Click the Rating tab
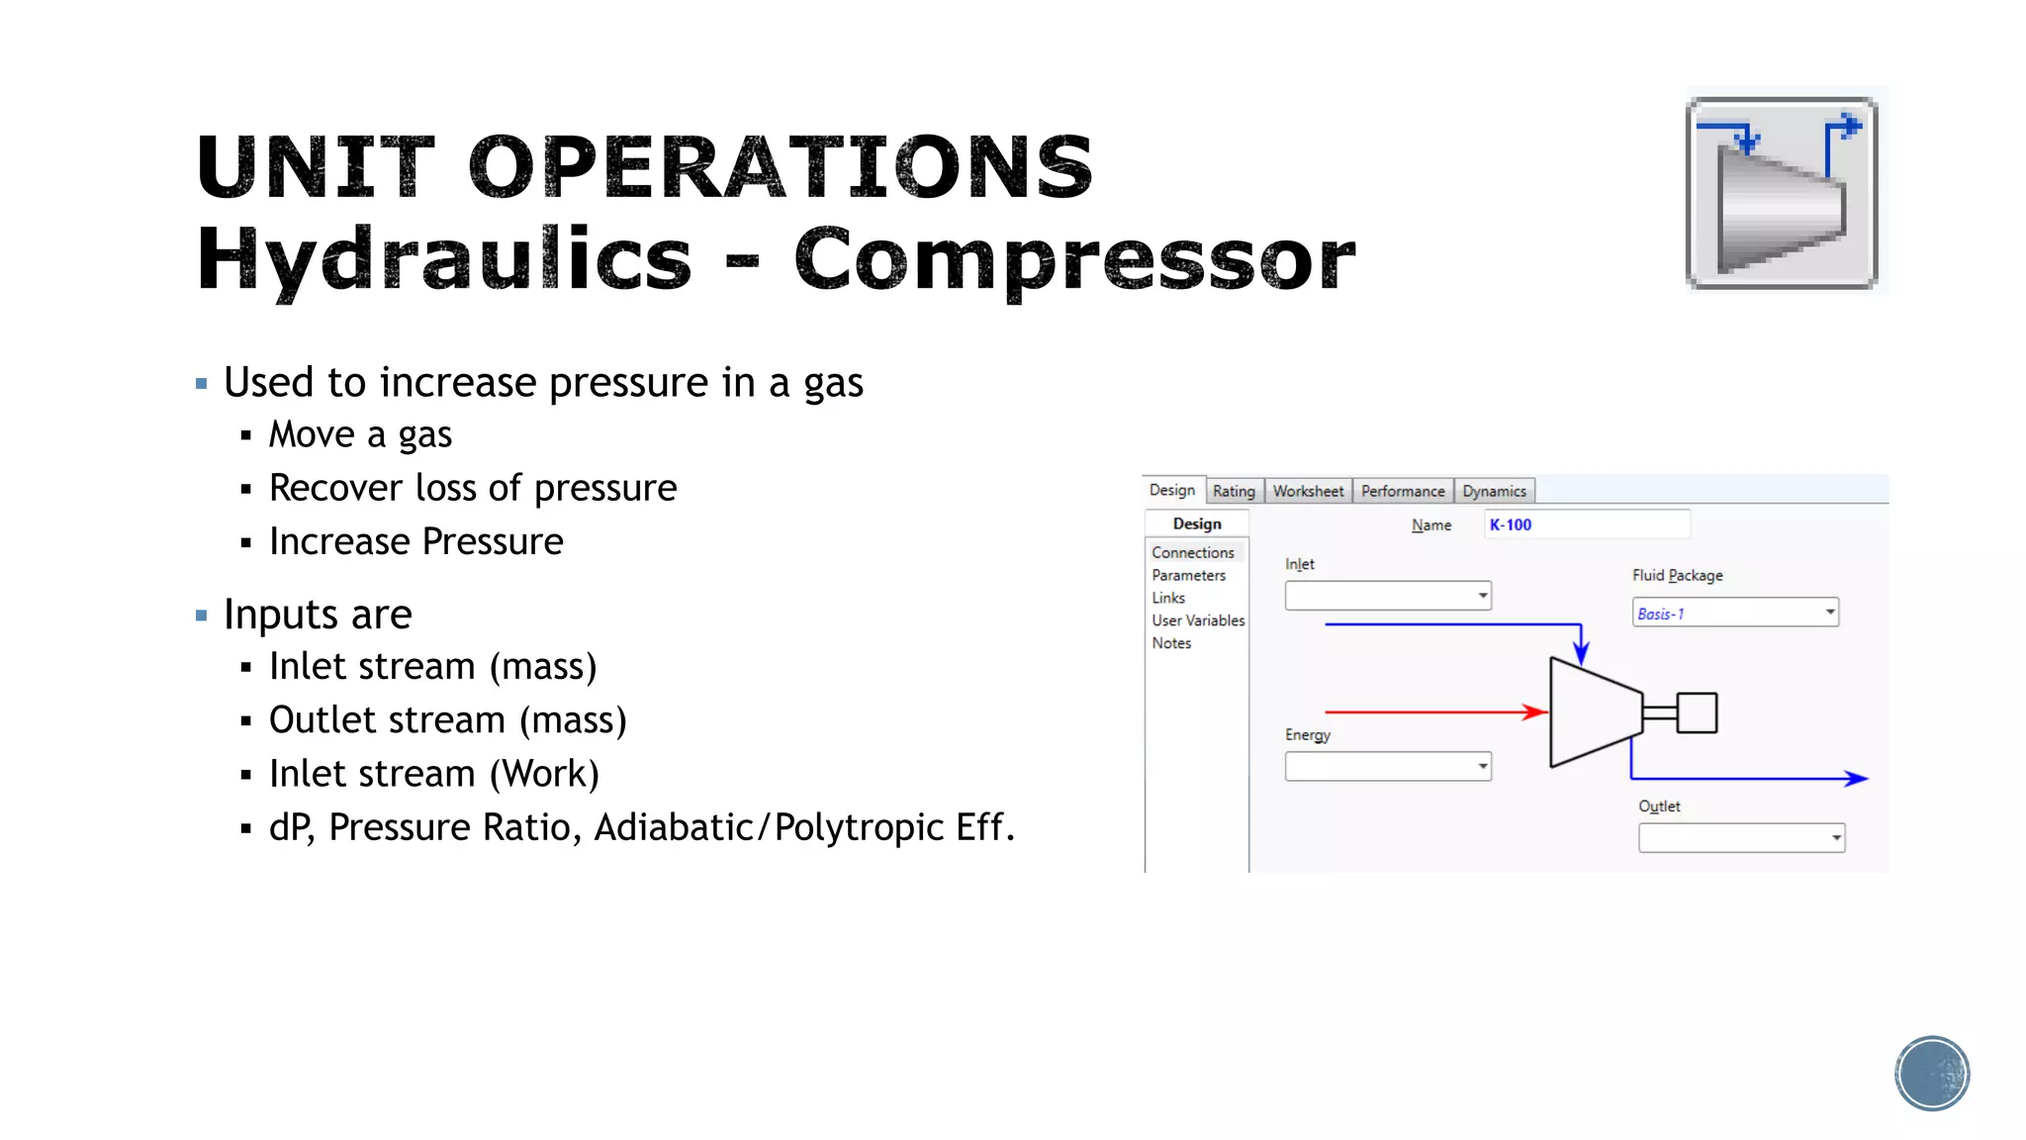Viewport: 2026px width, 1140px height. click(x=1234, y=491)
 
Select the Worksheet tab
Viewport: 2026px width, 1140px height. click(x=1308, y=491)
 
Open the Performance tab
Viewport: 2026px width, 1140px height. click(x=1402, y=491)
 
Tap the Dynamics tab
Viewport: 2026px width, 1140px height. click(x=1494, y=491)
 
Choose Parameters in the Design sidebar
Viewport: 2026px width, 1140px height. click(x=1188, y=575)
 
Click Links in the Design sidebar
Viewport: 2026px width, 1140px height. click(x=1168, y=598)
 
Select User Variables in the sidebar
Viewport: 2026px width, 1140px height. click(x=1198, y=620)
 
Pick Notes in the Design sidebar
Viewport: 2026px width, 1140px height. click(x=1171, y=643)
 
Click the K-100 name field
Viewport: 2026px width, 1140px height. click(x=1586, y=524)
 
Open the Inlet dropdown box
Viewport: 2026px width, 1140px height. click(x=1387, y=596)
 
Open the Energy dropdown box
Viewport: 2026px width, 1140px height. click(x=1387, y=766)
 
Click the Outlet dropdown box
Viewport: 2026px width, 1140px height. click(x=1741, y=838)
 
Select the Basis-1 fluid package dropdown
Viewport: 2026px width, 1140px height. click(x=1734, y=614)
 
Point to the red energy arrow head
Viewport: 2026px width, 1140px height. click(x=1535, y=712)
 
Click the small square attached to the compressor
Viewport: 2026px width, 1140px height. click(x=1697, y=712)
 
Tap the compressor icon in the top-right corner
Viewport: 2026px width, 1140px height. click(x=1782, y=193)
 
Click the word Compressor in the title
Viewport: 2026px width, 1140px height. click(x=1074, y=259)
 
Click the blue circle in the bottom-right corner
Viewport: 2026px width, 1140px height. click(x=1932, y=1074)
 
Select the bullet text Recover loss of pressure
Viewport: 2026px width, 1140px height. click(x=473, y=488)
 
